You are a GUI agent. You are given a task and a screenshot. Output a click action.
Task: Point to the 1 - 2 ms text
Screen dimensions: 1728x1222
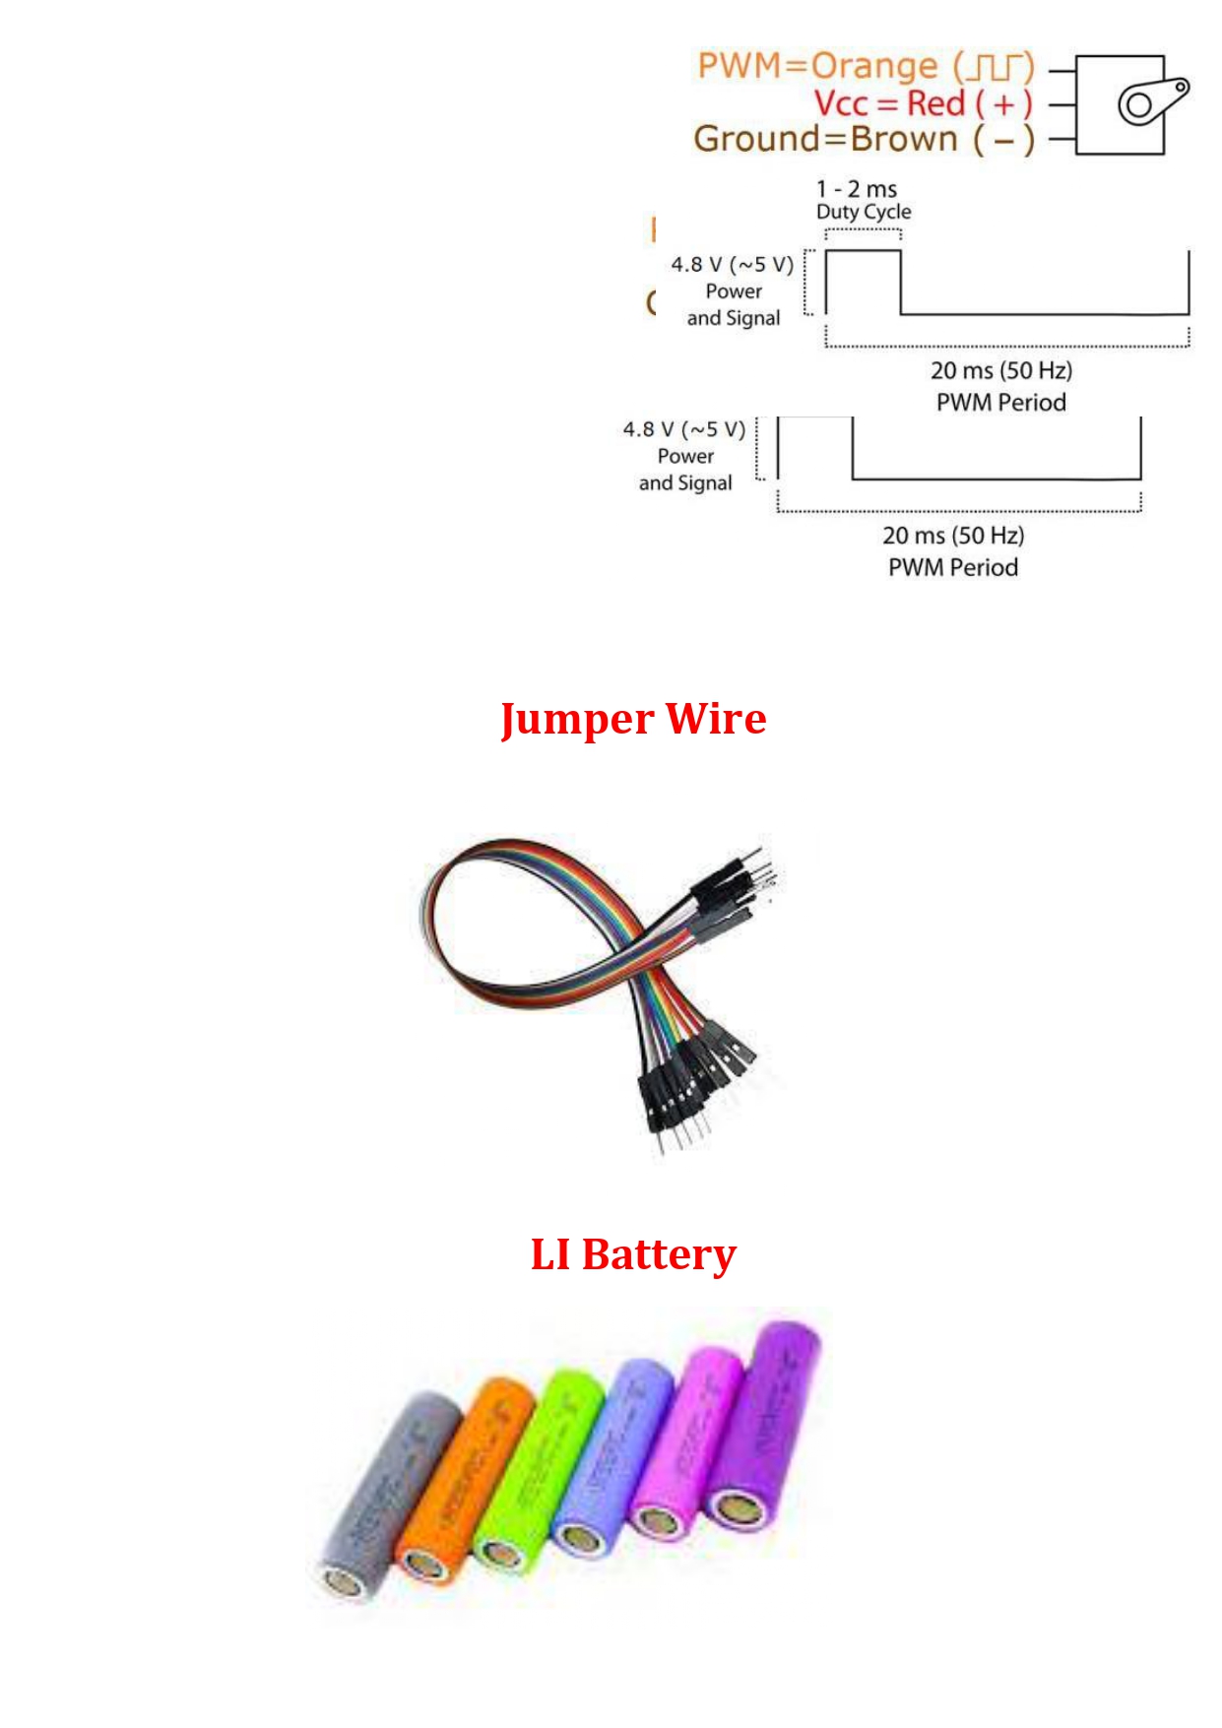[856, 188]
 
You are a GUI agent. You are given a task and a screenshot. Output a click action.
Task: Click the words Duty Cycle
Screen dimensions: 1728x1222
[864, 212]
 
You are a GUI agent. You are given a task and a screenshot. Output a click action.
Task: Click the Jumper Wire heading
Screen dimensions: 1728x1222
[633, 719]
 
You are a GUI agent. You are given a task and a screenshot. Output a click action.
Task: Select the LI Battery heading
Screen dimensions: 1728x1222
[633, 1254]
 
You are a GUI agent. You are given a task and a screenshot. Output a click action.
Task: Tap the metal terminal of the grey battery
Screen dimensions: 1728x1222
[344, 1581]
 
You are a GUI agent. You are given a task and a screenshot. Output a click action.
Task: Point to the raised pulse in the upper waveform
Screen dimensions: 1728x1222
[863, 281]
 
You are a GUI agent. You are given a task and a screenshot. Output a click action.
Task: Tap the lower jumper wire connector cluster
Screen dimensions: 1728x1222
[689, 1083]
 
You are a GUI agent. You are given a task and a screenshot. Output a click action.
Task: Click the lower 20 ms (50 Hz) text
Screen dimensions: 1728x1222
[953, 536]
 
